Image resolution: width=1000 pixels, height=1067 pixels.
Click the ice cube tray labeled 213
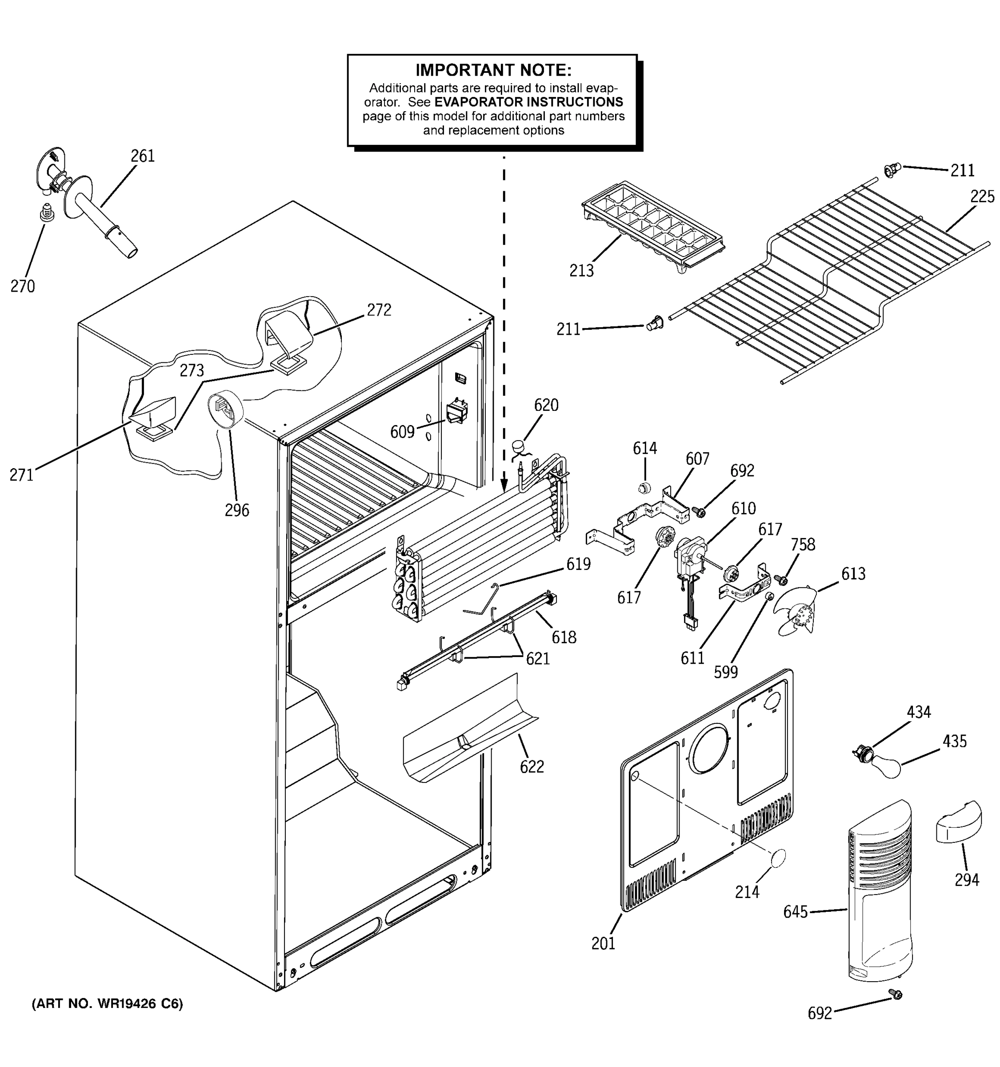(653, 225)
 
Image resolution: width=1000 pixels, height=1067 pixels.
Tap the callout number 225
(982, 197)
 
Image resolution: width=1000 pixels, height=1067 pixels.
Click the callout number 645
(795, 912)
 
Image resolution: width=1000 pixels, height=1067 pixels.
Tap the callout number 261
(143, 156)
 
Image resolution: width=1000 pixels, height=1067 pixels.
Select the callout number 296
(236, 510)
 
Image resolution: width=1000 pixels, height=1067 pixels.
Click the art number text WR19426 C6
(107, 1004)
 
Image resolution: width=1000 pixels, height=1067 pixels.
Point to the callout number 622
(532, 766)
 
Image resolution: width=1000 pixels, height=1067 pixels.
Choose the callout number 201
(603, 943)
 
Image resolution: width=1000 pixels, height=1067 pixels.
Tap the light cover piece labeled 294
(959, 821)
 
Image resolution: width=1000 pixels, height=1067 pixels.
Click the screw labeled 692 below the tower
(895, 995)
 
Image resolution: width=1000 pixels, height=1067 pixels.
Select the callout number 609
(402, 432)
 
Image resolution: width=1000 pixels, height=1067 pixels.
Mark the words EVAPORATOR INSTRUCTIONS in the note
(528, 102)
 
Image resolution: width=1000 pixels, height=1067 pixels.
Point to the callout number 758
(803, 545)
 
